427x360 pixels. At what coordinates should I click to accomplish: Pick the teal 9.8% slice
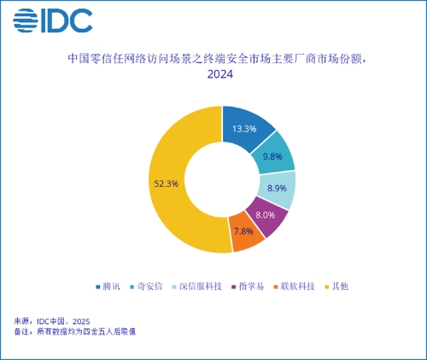(x=273, y=156)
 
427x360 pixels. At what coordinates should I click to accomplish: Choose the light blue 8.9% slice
(x=277, y=189)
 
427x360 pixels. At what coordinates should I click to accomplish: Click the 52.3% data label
(x=167, y=183)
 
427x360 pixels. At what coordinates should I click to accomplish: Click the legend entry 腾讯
(x=111, y=285)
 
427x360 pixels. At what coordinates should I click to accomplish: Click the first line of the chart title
(x=219, y=59)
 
